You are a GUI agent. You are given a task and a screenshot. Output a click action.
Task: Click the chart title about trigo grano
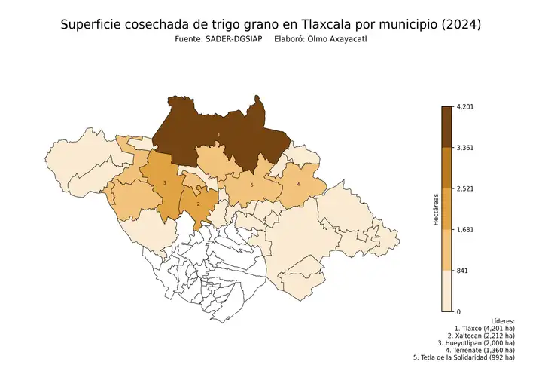pos(270,25)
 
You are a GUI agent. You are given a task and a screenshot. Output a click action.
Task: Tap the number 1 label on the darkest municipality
pos(218,134)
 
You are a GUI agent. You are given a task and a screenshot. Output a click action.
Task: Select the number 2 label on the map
pos(198,204)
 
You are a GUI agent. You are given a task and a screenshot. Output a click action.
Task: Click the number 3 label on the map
pos(164,183)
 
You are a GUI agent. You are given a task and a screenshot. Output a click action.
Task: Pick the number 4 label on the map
pos(298,184)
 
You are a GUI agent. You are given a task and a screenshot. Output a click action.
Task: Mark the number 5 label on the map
pos(252,185)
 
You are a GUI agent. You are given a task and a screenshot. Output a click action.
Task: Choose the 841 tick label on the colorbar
pos(463,270)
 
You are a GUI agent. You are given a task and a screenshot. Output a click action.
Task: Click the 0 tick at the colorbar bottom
pos(458,311)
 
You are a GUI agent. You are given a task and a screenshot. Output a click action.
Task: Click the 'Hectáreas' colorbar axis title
pos(435,210)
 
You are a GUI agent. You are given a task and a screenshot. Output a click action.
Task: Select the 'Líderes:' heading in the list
pos(501,321)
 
